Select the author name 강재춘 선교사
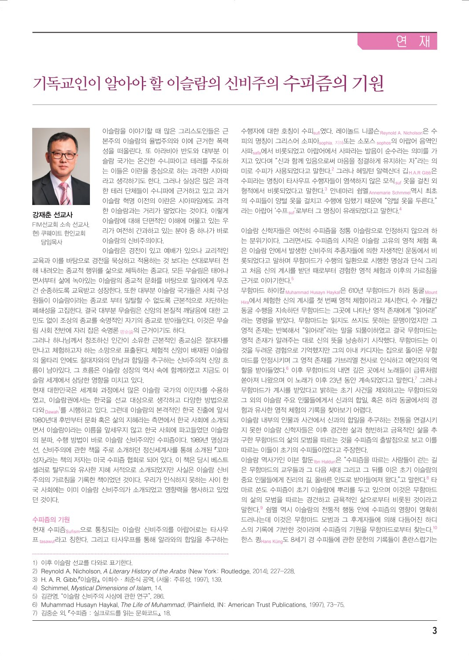[52, 215]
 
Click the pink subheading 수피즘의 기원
[51, 519]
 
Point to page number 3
[434, 630]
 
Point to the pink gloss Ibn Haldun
[325, 462]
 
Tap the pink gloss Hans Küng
[272, 541]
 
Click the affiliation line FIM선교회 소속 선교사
[61, 224]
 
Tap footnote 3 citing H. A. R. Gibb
[131, 580]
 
